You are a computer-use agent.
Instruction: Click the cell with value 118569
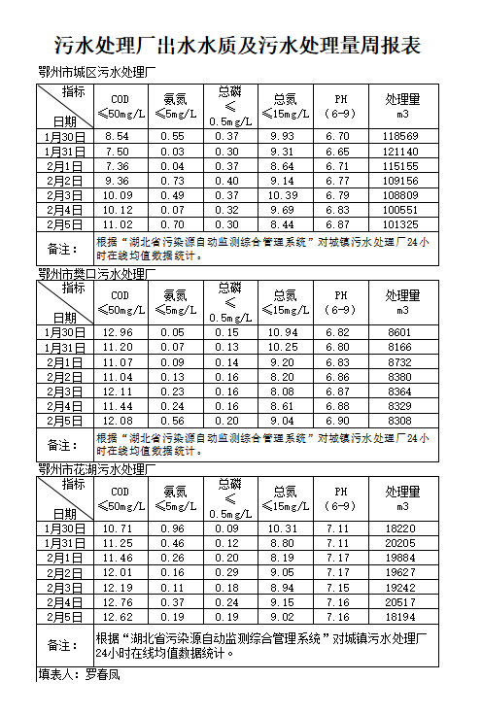tap(400, 136)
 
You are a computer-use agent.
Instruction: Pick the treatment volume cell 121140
tap(400, 152)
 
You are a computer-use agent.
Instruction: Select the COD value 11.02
tap(118, 224)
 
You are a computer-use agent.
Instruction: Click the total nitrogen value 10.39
tap(283, 195)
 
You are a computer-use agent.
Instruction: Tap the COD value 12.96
tap(118, 332)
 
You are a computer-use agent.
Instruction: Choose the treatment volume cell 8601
tap(400, 332)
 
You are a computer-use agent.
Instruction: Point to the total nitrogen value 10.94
tap(283, 332)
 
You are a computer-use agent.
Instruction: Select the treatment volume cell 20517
tap(400, 601)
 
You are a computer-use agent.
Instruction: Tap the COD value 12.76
tap(118, 601)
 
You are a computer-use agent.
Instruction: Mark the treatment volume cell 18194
tap(400, 616)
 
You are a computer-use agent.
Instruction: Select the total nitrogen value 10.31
tap(283, 528)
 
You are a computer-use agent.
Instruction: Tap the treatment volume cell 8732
tap(400, 361)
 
